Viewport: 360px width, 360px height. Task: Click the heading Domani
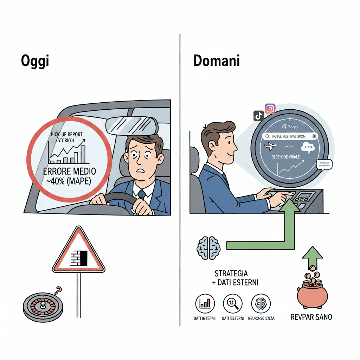(217, 61)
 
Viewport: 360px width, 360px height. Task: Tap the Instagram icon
(270, 109)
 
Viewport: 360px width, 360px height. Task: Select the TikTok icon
(258, 115)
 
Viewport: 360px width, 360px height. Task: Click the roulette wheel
(43, 305)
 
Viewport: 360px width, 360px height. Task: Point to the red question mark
(58, 290)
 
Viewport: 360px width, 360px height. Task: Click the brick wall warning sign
(78, 251)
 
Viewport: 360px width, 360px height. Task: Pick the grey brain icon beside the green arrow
(208, 247)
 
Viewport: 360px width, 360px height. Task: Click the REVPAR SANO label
(311, 317)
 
